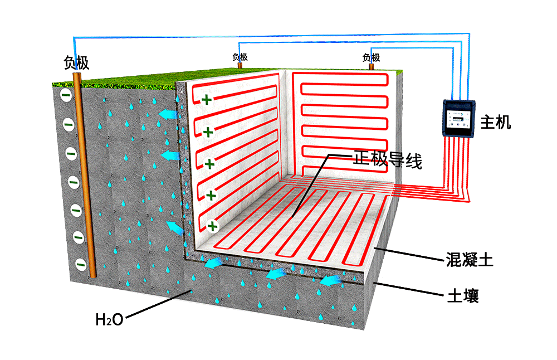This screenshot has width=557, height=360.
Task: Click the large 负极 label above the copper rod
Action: pos(76,63)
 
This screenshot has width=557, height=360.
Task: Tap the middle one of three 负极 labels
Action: pos(240,57)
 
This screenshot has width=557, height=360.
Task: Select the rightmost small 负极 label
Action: pos(371,57)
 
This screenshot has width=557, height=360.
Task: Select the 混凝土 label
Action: pos(470,260)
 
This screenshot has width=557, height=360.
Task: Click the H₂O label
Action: pos(109,319)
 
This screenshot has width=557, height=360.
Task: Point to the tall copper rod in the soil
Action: pos(87,178)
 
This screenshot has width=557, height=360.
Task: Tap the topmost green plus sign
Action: pos(207,100)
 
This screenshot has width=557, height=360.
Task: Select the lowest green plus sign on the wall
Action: pos(212,226)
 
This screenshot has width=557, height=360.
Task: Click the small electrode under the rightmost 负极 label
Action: pos(372,66)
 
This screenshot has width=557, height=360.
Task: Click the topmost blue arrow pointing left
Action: pos(165,115)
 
